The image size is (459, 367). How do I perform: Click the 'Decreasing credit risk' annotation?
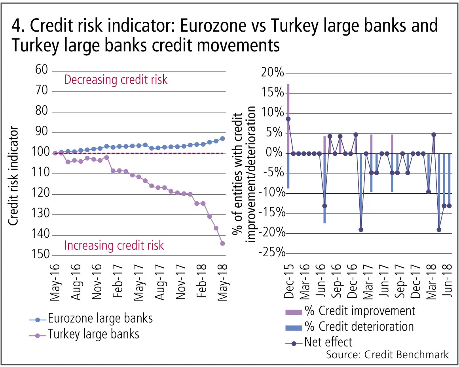[x=116, y=80]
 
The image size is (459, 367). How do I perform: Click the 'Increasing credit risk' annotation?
[x=114, y=246]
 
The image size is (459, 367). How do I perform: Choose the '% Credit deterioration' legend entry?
[x=359, y=327]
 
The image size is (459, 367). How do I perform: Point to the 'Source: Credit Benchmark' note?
[x=387, y=354]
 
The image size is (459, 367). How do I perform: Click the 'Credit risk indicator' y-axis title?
[x=13, y=176]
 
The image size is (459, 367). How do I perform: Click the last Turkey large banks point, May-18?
[x=222, y=244]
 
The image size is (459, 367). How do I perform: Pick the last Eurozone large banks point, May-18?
[x=222, y=138]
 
